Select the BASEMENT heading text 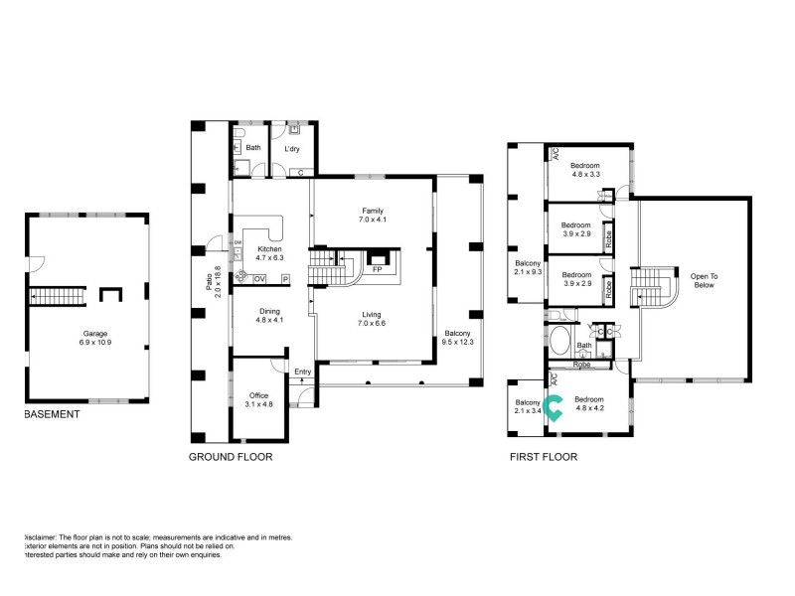coord(52,414)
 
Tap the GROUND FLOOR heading coord(231,457)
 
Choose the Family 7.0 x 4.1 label coord(373,215)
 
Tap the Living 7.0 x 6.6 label coord(372,319)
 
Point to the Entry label coord(303,372)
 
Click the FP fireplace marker coord(377,269)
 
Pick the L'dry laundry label coord(292,149)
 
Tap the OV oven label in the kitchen coord(258,280)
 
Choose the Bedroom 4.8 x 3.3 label coord(584,170)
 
